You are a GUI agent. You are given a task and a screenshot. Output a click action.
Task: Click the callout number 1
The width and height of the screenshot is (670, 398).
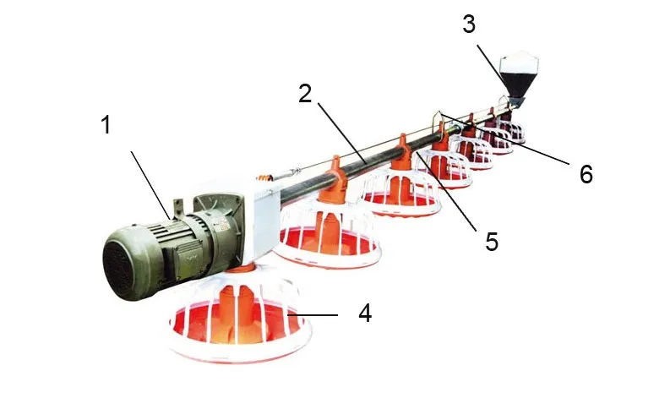[x=105, y=127]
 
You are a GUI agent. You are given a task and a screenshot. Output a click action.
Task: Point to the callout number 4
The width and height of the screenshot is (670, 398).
[x=364, y=313]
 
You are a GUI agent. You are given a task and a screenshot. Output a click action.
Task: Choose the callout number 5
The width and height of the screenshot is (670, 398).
[x=491, y=242]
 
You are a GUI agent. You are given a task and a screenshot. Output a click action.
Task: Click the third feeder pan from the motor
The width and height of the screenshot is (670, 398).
[x=400, y=194]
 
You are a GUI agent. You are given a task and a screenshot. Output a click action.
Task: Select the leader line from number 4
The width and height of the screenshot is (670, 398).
[x=316, y=314]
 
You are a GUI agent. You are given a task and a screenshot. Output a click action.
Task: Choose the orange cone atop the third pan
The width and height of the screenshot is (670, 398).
[x=404, y=149]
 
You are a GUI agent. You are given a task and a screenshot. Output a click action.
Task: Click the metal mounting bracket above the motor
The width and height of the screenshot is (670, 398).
[x=180, y=208]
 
